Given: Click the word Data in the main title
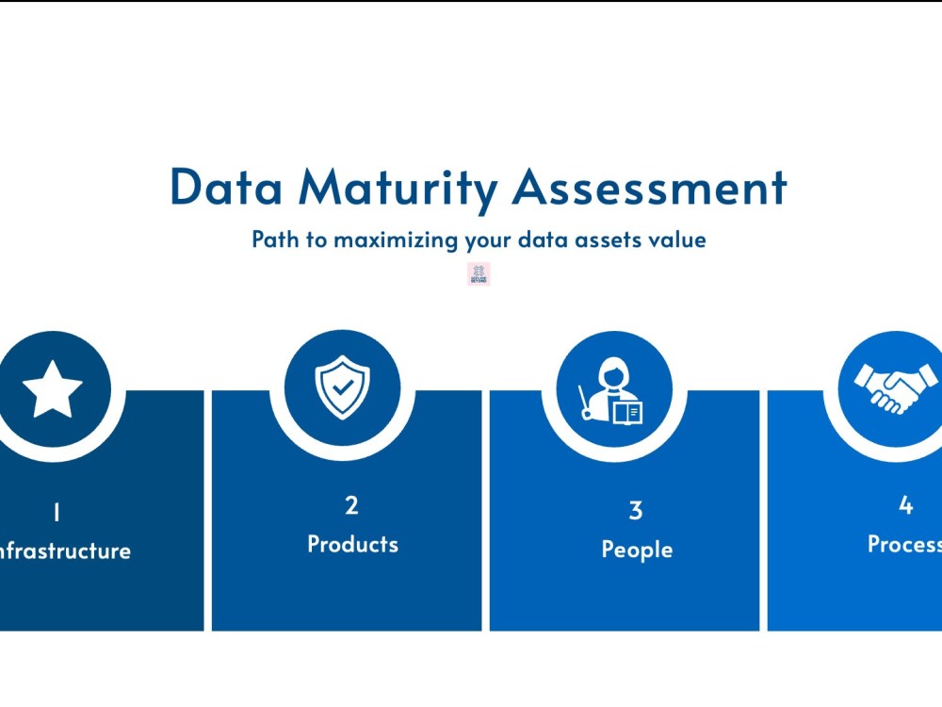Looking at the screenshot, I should click(x=226, y=188).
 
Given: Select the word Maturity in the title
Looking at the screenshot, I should click(x=398, y=189).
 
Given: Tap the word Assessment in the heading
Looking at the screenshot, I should click(x=650, y=188).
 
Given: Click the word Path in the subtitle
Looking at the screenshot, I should click(x=275, y=239).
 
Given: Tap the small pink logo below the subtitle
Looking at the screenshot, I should click(x=479, y=274).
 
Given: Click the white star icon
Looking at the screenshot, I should click(x=53, y=389).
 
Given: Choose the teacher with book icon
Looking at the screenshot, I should click(x=614, y=390).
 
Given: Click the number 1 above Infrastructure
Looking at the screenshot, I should click(x=57, y=513).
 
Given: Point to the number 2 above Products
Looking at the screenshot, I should click(x=351, y=505).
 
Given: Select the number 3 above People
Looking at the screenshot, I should click(x=636, y=511).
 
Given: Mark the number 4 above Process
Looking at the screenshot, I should click(x=905, y=505).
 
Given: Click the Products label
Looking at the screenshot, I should click(x=352, y=544).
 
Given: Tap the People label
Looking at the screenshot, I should click(x=637, y=550).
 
